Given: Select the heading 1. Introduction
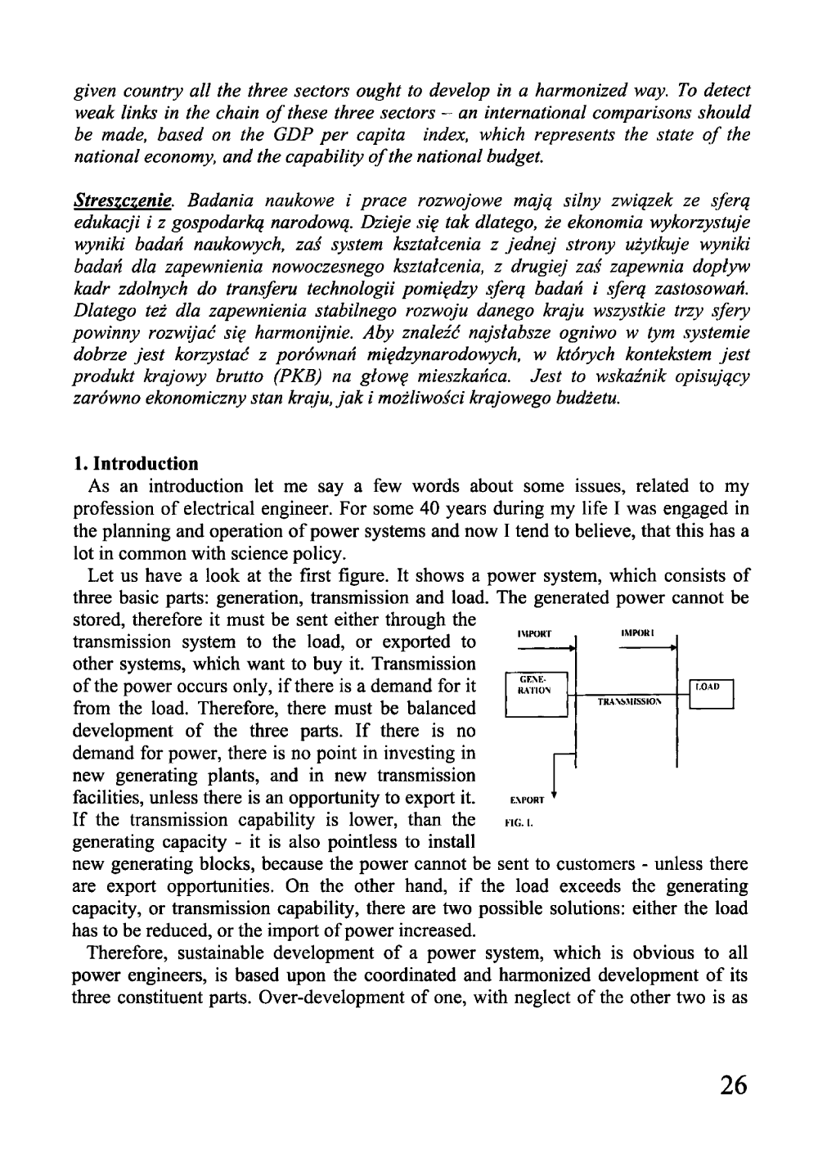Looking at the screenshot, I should coord(135,465).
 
